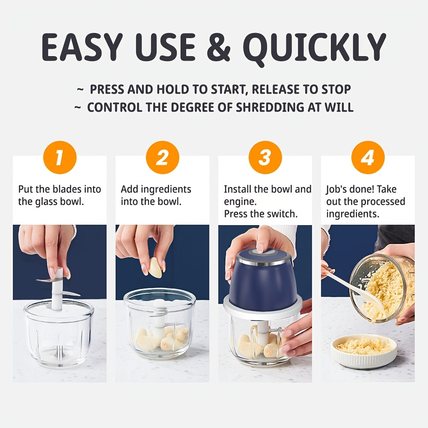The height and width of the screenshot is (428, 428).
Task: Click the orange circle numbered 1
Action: pyautogui.click(x=59, y=158)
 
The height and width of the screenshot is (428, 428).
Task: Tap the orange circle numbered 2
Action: pyautogui.click(x=162, y=158)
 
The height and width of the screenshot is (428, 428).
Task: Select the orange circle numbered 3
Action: pyautogui.click(x=265, y=158)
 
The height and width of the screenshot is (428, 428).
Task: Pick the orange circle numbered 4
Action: pyautogui.click(x=368, y=158)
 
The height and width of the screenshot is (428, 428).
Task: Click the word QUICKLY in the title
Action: pyautogui.click(x=317, y=47)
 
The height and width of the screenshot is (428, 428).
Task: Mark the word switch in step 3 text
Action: pyautogui.click(x=282, y=214)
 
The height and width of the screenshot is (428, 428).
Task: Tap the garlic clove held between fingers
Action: pyautogui.click(x=156, y=267)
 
